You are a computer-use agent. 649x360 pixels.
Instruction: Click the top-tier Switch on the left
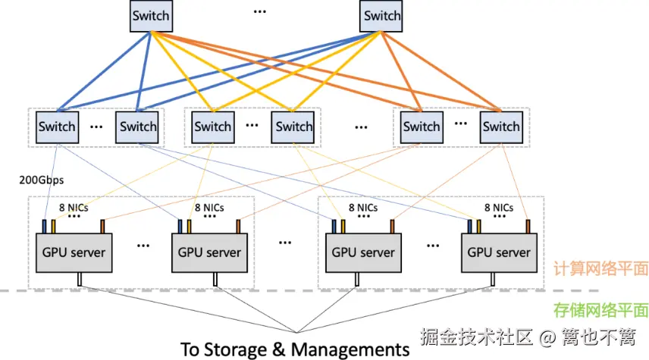click(x=151, y=16)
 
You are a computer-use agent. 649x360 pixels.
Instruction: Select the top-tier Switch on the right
click(x=381, y=16)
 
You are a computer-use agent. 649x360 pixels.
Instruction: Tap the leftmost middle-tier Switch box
click(x=57, y=127)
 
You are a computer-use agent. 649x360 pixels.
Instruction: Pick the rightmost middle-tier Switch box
click(x=501, y=127)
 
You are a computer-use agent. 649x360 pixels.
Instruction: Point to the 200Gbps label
click(x=42, y=180)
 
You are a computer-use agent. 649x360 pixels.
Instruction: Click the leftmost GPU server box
click(x=74, y=253)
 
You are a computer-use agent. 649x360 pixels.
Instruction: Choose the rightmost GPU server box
click(x=499, y=253)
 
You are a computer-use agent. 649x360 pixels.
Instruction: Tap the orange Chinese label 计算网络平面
click(x=601, y=269)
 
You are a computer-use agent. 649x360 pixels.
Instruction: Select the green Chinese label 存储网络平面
click(x=601, y=310)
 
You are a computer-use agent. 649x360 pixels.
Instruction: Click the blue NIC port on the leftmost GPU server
click(x=44, y=227)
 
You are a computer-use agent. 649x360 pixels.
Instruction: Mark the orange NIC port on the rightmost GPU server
click(x=528, y=227)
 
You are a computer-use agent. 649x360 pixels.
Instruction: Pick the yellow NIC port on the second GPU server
click(x=189, y=227)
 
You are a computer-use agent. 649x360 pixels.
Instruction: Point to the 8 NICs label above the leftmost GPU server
click(x=74, y=208)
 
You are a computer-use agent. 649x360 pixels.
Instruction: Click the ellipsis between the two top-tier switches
click(x=260, y=11)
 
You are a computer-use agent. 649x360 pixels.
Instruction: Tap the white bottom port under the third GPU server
click(x=357, y=280)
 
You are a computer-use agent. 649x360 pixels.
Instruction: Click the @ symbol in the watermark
click(x=547, y=337)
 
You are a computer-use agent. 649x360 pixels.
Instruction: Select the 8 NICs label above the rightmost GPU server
click(x=499, y=208)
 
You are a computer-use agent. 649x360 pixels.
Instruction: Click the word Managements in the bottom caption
click(x=350, y=349)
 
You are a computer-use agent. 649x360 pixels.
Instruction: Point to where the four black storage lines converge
click(x=296, y=332)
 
